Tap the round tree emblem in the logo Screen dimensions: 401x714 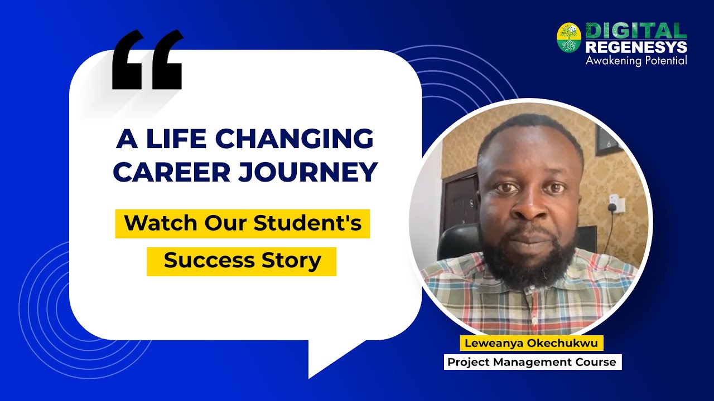569,38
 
